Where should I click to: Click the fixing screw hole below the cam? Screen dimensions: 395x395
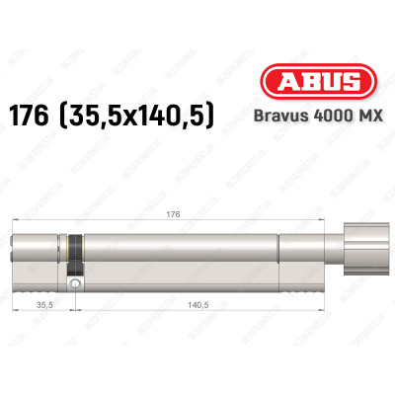(75, 283)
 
